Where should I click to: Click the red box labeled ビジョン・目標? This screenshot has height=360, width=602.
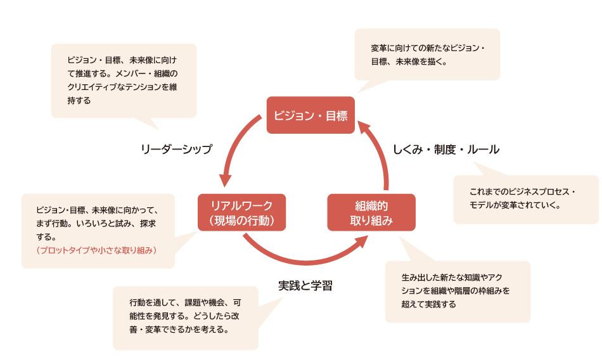[311, 115]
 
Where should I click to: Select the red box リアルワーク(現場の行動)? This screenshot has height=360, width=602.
[241, 213]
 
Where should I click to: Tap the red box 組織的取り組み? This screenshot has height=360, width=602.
[371, 213]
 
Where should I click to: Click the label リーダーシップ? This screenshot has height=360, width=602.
[176, 150]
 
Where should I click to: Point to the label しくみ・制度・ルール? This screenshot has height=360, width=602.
[446, 150]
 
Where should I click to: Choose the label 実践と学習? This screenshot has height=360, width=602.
[305, 285]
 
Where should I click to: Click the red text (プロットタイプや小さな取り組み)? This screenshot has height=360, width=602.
[97, 250]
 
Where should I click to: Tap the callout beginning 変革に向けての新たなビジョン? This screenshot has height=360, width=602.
[427, 55]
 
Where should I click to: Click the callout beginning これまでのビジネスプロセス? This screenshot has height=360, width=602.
[525, 199]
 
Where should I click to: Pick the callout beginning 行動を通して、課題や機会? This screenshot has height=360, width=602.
[185, 316]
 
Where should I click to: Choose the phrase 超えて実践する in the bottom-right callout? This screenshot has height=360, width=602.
[428, 304]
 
